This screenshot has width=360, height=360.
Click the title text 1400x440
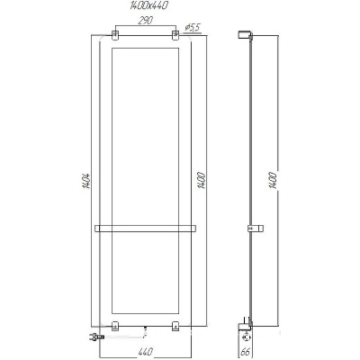point(148,5)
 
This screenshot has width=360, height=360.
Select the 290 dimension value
point(146,21)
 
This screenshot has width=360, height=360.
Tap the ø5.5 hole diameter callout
point(193,28)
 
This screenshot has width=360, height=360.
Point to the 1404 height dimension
point(86,181)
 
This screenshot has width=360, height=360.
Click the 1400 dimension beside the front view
point(202,180)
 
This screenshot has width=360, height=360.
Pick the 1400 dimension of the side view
point(273,180)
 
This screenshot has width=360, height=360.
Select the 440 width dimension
point(146,351)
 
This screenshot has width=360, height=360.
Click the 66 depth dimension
point(245,352)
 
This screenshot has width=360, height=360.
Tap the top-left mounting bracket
point(115,35)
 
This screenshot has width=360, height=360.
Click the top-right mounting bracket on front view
point(175,35)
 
